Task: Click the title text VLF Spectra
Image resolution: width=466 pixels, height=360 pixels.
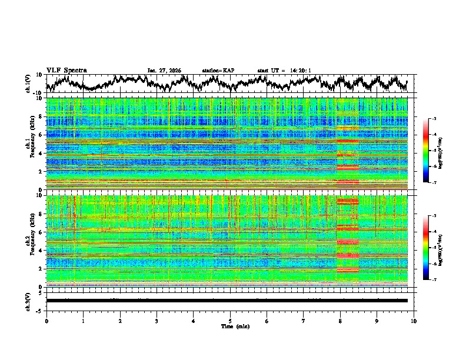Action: (x=66, y=71)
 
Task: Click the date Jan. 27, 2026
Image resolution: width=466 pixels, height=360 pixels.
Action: (x=164, y=71)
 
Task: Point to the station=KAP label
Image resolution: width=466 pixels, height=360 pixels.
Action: (x=218, y=71)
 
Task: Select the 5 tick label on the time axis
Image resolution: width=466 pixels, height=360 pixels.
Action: (x=230, y=321)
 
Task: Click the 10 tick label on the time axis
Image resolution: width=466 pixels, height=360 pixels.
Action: (x=414, y=321)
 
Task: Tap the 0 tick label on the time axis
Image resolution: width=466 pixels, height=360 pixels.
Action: (x=46, y=321)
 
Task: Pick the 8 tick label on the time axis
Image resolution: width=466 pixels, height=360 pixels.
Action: (x=340, y=321)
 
